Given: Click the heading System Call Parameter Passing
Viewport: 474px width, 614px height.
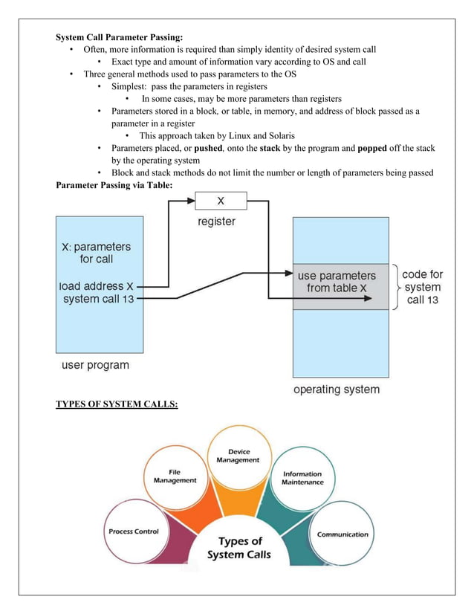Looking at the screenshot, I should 120,37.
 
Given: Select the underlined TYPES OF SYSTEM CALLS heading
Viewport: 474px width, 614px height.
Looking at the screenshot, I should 117,404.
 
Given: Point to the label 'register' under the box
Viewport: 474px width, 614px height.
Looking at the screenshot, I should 216,222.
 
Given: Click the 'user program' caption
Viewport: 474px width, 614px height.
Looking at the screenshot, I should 94,365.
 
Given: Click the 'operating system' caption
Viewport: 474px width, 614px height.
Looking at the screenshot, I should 336,390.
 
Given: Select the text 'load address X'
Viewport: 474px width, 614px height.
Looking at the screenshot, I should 97,285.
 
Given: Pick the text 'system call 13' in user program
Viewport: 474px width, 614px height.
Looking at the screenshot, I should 97,299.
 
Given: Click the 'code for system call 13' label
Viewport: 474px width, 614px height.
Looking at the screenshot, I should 422,287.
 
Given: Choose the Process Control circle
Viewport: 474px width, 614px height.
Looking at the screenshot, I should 134,531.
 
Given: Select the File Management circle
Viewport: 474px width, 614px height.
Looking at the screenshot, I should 175,476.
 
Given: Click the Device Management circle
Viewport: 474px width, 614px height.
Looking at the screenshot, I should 238,456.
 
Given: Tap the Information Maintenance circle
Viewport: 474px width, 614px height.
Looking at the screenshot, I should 302,477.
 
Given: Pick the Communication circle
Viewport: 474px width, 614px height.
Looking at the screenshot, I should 342,534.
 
